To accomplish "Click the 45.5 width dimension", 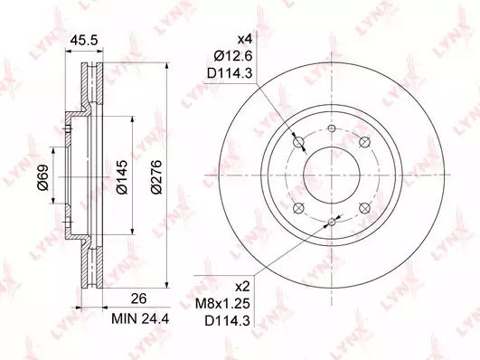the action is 83,40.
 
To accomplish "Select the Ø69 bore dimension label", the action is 43,177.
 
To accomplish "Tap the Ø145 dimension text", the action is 122,176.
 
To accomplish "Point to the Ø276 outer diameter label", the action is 156,176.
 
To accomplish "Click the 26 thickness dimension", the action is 138,298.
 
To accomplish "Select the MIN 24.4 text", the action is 140,319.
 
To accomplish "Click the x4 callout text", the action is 245,39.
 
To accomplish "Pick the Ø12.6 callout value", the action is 233,56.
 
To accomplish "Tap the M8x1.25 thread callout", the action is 223,304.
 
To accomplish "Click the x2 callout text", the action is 243,287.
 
